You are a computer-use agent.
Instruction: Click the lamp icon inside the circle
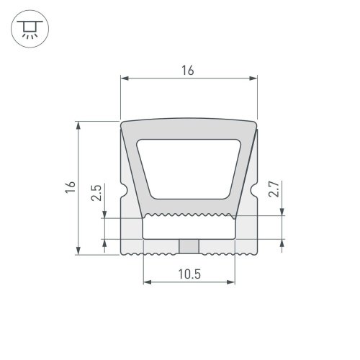[30, 30]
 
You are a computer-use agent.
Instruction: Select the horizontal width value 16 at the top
[189, 70]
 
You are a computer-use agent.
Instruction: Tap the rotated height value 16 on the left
[69, 187]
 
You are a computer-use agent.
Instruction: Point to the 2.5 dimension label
[96, 194]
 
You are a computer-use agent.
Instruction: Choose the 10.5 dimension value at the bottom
[189, 273]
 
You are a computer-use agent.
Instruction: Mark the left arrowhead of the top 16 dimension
[124, 78]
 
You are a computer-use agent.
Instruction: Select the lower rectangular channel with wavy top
[189, 227]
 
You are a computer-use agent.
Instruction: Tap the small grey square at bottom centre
[189, 246]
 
